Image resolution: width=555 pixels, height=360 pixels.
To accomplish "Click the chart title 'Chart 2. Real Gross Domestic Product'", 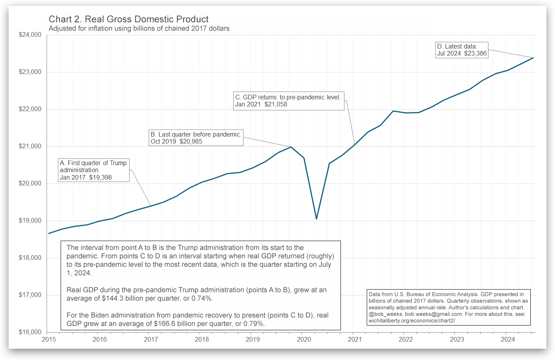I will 128,19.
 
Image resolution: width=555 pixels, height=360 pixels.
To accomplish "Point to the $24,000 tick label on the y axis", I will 30,35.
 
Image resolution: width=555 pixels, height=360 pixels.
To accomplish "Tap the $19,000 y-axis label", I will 30,221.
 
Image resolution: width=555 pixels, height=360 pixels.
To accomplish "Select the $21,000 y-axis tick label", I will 30,146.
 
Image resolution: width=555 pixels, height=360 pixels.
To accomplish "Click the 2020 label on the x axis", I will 304,340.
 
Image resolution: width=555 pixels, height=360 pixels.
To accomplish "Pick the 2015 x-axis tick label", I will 49,340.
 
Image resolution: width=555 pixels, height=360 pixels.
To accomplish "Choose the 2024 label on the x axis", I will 508,340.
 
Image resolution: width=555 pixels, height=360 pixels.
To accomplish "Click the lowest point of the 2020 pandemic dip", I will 316,219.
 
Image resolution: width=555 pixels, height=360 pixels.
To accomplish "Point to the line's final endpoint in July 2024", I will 533,58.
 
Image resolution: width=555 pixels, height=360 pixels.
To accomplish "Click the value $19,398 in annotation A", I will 101,178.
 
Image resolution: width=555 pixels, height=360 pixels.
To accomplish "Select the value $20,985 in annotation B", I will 191,142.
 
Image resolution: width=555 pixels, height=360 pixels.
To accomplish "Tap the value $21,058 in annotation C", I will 276,104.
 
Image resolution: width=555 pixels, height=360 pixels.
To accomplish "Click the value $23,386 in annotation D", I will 476,54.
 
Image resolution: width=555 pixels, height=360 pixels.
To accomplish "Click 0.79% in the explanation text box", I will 254,324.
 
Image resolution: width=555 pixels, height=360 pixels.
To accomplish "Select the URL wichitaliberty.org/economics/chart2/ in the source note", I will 412,321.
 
